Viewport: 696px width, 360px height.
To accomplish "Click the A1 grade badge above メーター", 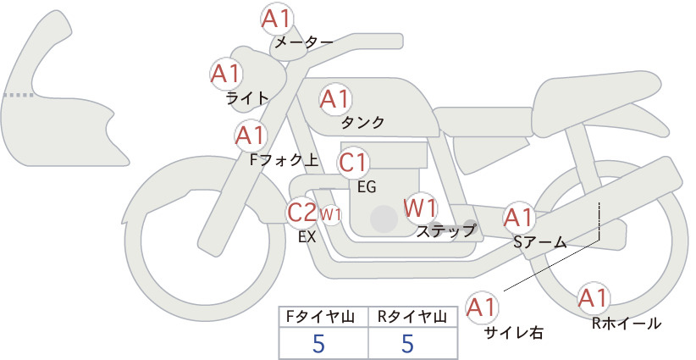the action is click(x=276, y=19).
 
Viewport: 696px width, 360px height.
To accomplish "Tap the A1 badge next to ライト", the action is click(x=226, y=75).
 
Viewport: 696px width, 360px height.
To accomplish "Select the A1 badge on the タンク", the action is click(x=335, y=99).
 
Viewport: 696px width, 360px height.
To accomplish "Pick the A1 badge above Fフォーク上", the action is click(x=251, y=136).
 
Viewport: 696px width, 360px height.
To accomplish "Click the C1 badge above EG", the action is click(x=352, y=163).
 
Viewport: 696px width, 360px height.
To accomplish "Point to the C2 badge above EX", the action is click(x=301, y=212).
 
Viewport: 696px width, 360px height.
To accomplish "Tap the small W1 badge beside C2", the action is click(x=331, y=215).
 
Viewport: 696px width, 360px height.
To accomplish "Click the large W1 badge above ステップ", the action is click(x=420, y=208).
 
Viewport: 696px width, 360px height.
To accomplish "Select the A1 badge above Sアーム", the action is click(x=518, y=218).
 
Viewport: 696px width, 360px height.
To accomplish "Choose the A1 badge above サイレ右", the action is click(x=482, y=307).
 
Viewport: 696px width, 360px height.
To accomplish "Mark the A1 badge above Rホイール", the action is click(x=593, y=298).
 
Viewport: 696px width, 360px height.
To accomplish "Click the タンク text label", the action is click(x=362, y=122).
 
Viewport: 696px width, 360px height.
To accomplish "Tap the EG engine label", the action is click(x=367, y=187).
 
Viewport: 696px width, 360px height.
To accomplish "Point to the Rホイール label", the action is click(x=627, y=324).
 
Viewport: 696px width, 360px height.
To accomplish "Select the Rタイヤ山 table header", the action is click(x=412, y=317).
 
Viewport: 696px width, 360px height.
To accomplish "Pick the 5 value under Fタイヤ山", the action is click(x=318, y=343).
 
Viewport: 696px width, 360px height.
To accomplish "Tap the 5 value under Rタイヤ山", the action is click(x=407, y=343).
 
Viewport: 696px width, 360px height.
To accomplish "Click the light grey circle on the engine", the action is click(x=384, y=219).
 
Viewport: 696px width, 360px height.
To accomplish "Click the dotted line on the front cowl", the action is click(x=18, y=95).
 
